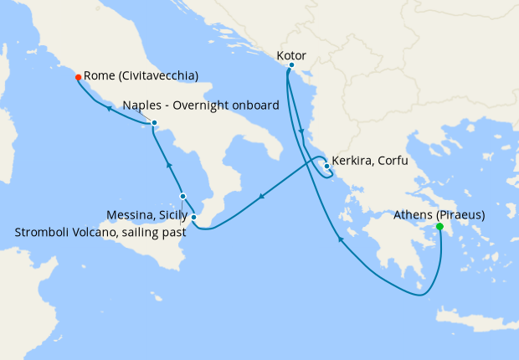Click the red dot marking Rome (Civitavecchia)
click(x=78, y=77)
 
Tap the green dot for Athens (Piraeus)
click(x=439, y=227)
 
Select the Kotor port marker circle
click(x=291, y=64)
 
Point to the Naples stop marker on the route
click(x=155, y=123)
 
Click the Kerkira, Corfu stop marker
click(x=326, y=165)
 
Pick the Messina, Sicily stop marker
click(x=193, y=218)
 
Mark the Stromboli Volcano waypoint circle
click(x=183, y=197)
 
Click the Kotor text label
click(x=290, y=55)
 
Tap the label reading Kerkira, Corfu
click(x=369, y=161)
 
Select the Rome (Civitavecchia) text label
click(x=141, y=76)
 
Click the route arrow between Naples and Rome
click(x=109, y=106)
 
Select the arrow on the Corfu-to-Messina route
click(x=262, y=198)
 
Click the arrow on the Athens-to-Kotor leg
click(x=341, y=239)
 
